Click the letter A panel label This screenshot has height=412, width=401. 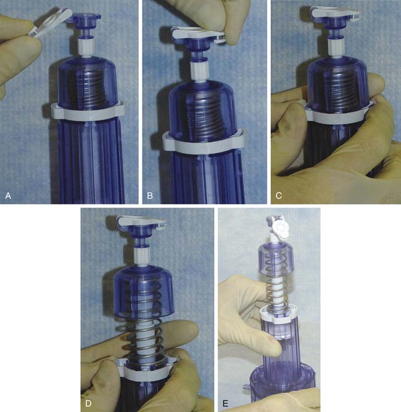point(8,196)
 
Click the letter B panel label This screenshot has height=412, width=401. point(150,196)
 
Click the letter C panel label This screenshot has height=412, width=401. point(279,196)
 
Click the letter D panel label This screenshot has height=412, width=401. point(88,403)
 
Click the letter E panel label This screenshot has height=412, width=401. point(225,403)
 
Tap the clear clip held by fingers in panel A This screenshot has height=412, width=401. point(50,22)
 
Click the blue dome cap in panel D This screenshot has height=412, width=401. point(144,293)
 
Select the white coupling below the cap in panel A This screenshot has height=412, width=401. point(86,48)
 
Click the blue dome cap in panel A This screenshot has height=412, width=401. point(87,82)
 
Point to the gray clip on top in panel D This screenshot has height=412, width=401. point(142,221)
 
